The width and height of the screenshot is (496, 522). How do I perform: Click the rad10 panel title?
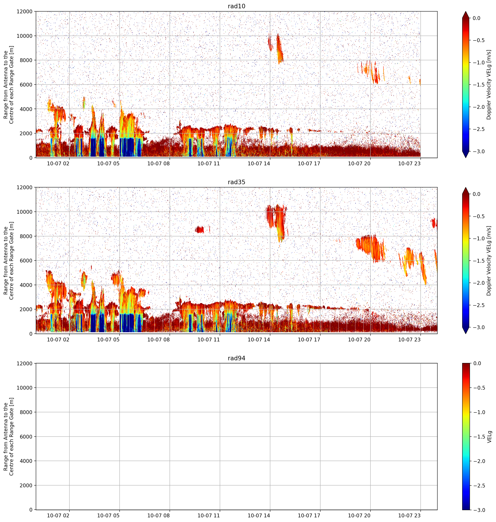[x=236, y=6]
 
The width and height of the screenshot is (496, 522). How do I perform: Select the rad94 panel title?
[x=236, y=358]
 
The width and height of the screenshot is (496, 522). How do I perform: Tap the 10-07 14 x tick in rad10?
[x=259, y=164]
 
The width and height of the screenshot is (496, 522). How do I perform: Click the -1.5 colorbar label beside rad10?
[x=478, y=85]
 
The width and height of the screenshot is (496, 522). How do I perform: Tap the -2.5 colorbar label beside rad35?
[x=478, y=305]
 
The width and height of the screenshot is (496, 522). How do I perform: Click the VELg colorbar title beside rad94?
[x=489, y=437]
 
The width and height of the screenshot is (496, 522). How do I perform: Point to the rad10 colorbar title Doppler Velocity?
[x=489, y=85]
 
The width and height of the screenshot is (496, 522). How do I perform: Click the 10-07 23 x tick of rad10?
[x=409, y=164]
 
